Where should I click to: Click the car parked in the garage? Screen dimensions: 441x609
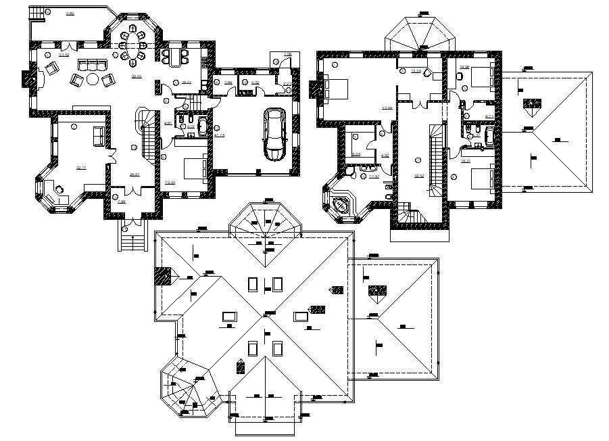274,134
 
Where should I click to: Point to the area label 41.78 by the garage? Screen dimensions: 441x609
218,135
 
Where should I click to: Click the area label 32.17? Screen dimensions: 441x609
81,167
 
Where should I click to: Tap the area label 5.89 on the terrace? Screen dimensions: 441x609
70,14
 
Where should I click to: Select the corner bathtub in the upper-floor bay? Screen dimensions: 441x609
340,204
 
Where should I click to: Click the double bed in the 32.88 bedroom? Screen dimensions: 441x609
335,88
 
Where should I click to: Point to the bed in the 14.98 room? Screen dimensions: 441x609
482,76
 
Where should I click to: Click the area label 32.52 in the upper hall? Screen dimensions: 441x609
418,176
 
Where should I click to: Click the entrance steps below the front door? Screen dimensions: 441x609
132,237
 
